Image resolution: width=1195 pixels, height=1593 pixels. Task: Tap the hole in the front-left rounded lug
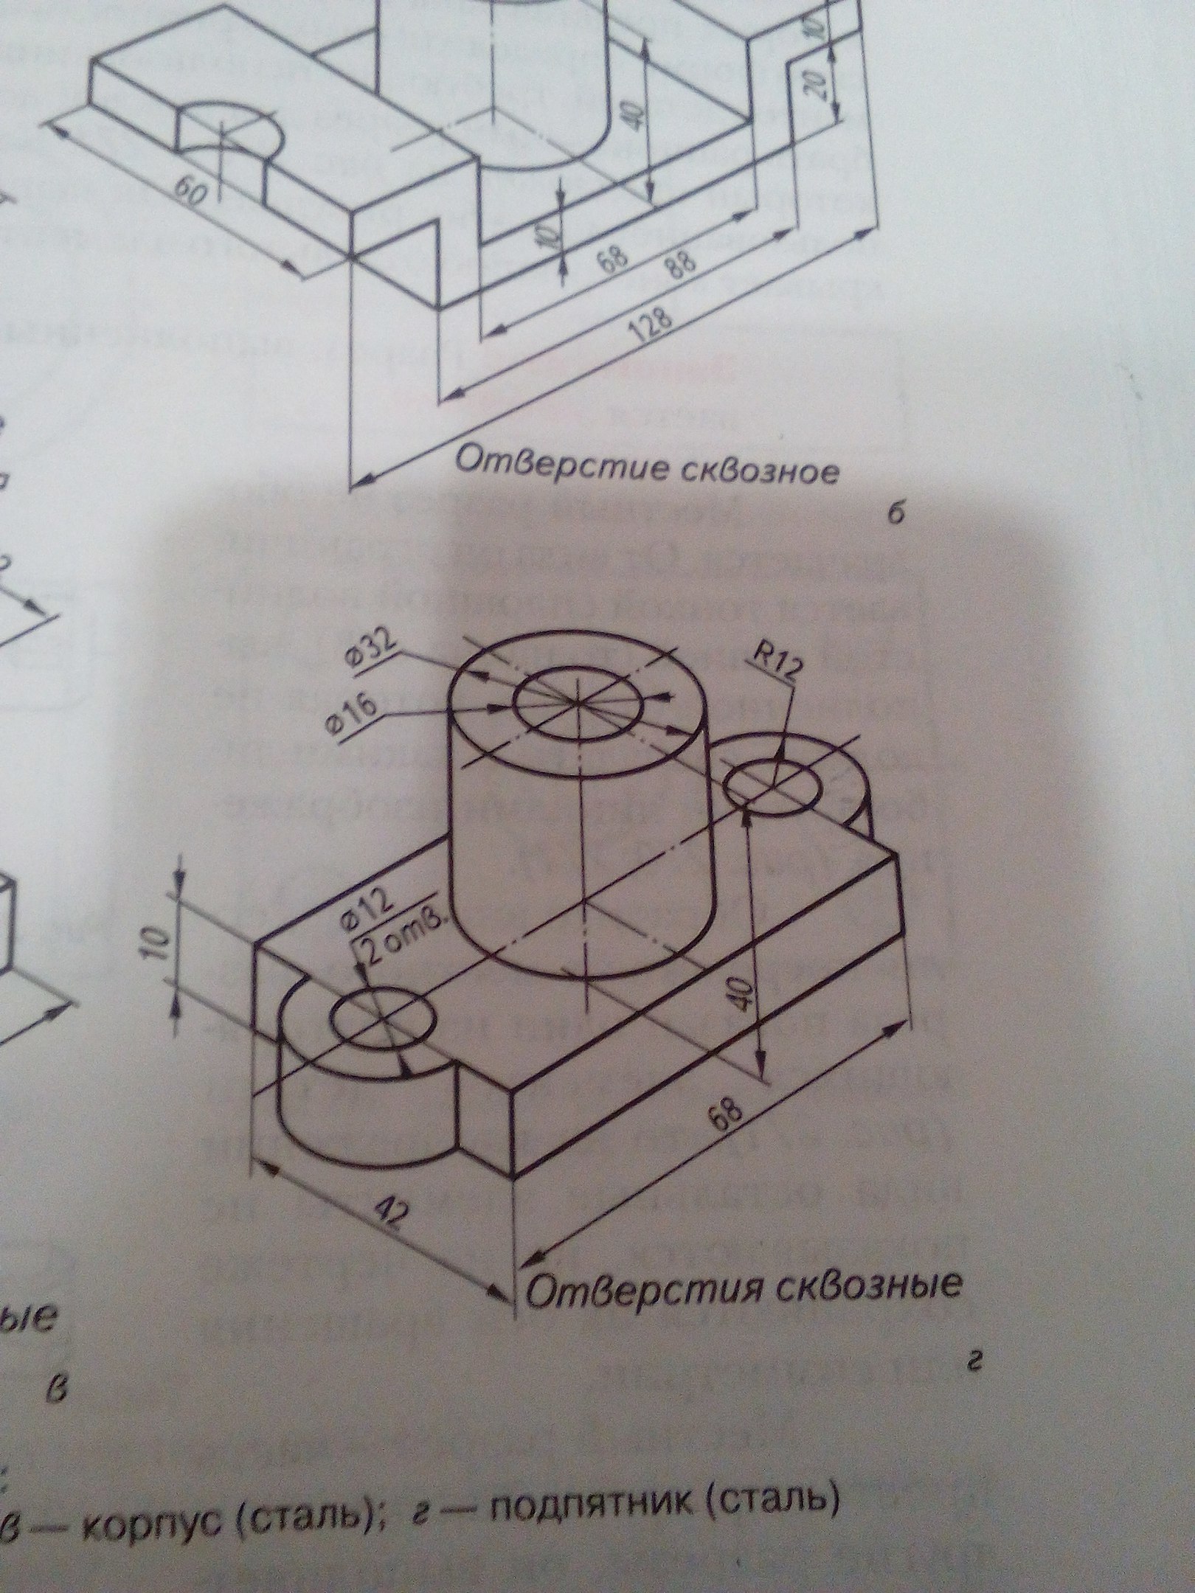[381, 1021]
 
